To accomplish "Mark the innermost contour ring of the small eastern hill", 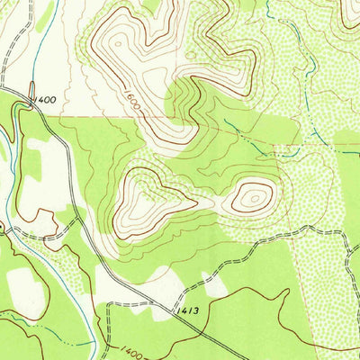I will coord(253,195).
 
